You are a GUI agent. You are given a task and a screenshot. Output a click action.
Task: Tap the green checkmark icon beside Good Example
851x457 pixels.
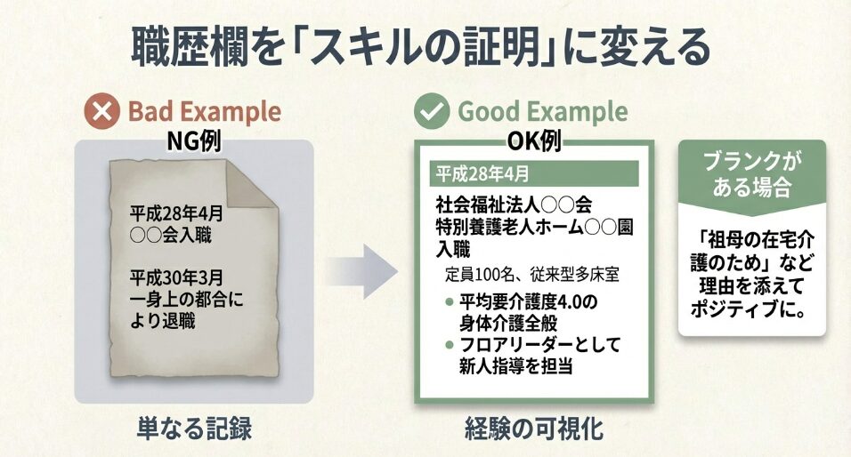click(x=432, y=113)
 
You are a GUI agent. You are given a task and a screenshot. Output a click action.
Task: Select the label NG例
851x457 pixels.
click(x=193, y=140)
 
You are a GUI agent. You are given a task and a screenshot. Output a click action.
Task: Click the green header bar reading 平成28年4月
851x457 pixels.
click(x=533, y=172)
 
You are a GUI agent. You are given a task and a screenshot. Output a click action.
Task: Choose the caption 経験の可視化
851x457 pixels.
click(x=533, y=429)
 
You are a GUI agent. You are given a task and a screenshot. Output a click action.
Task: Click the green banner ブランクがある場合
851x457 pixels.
click(x=751, y=174)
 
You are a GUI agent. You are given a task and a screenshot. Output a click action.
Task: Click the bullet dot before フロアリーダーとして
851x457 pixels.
click(x=450, y=345)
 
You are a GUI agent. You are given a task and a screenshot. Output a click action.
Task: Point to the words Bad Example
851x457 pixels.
click(x=204, y=113)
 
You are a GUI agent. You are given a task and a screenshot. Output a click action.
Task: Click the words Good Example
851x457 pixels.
click(x=542, y=113)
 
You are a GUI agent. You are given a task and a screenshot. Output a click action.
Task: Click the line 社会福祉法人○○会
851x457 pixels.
click(x=514, y=203)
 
